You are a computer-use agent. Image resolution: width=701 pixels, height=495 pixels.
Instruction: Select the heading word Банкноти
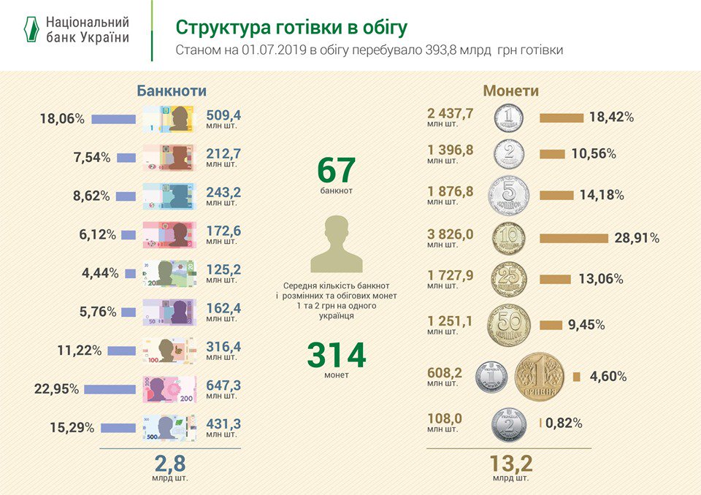(x=172, y=91)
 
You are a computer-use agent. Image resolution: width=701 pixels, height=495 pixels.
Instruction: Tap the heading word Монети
(x=510, y=91)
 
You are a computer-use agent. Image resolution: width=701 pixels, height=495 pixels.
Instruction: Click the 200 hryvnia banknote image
(x=169, y=389)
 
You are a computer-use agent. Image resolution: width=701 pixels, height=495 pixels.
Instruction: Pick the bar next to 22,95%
(x=110, y=389)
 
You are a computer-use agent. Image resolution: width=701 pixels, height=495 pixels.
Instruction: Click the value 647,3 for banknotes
(x=223, y=384)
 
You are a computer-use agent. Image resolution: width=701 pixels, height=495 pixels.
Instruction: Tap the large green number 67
(x=336, y=171)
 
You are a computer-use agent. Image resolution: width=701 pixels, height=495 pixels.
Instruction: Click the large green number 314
(x=336, y=356)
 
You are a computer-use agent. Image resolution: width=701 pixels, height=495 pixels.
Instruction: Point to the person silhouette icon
(x=336, y=244)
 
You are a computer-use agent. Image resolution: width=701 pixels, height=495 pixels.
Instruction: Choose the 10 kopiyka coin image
(x=509, y=239)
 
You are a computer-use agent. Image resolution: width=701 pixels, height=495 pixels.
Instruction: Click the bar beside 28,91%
(x=573, y=238)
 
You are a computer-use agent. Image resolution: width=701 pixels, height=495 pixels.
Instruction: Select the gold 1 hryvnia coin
(x=540, y=377)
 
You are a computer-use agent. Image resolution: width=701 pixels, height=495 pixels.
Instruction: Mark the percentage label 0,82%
(x=563, y=423)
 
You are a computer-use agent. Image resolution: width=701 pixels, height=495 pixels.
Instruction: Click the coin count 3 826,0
(x=451, y=234)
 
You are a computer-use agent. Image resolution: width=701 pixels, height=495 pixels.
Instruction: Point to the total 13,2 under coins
(x=510, y=464)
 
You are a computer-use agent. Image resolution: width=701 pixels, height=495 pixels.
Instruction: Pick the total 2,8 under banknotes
(x=170, y=464)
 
